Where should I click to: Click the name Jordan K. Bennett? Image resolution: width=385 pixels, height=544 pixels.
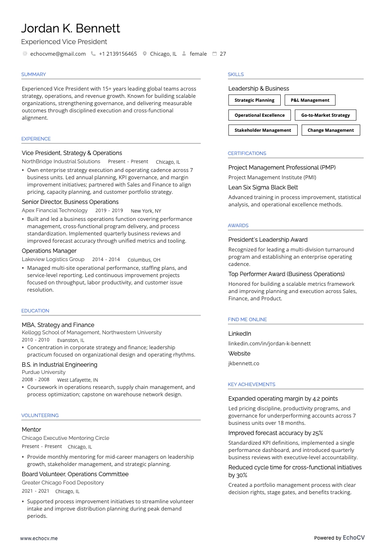71,29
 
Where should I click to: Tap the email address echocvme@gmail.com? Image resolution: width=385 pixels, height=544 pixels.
58,54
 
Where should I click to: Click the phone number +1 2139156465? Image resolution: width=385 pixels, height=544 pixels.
118,54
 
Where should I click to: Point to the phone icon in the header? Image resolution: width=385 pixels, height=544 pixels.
93,54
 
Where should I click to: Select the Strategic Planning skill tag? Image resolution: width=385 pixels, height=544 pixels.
254,100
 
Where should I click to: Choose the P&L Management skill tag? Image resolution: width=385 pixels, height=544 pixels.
310,100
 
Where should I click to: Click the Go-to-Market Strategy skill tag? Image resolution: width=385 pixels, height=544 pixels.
325,115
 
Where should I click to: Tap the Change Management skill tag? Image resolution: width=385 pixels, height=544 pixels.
331,130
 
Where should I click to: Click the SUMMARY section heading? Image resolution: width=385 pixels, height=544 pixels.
33,75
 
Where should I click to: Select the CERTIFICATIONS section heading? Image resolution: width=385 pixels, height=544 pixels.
247,154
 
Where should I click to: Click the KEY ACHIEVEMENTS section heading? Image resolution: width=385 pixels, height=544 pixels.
251,385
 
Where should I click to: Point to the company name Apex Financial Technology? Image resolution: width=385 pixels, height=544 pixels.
55,211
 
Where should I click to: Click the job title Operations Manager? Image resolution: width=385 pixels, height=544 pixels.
49,251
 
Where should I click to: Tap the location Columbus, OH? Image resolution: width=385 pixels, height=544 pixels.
144,260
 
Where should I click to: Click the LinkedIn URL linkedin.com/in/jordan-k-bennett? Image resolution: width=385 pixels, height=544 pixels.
270,343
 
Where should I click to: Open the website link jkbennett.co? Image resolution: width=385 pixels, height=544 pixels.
243,363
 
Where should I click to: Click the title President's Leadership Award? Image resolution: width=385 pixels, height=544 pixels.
268,240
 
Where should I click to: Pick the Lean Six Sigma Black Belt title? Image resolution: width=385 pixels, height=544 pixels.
263,187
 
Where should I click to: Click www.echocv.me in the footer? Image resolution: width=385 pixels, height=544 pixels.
39,538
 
